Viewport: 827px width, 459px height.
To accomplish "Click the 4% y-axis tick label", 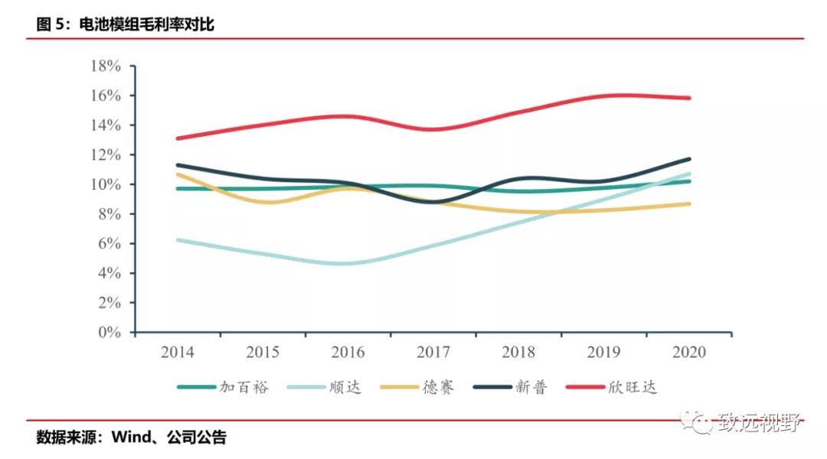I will (x=110, y=273).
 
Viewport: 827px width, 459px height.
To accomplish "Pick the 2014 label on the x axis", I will (x=178, y=353).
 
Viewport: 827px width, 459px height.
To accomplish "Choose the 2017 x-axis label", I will (x=433, y=353).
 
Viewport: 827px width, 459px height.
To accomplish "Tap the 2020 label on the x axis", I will (x=688, y=353).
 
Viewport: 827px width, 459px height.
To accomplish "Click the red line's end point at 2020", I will (x=689, y=98).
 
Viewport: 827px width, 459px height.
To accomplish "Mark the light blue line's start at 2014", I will (x=178, y=239).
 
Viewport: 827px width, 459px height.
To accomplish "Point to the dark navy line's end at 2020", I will (x=689, y=159).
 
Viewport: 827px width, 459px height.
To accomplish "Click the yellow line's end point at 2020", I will (x=689, y=203).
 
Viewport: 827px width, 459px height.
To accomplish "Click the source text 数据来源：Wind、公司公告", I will (x=131, y=438).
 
